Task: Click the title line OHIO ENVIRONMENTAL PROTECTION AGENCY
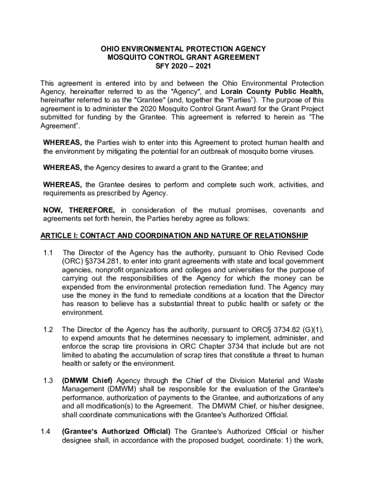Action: tap(183, 49)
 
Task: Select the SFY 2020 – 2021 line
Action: tap(183, 66)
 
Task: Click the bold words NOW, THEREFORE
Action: tap(79, 210)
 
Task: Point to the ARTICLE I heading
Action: tap(174, 235)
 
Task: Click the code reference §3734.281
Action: tap(104, 261)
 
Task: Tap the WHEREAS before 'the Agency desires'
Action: tap(62, 168)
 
